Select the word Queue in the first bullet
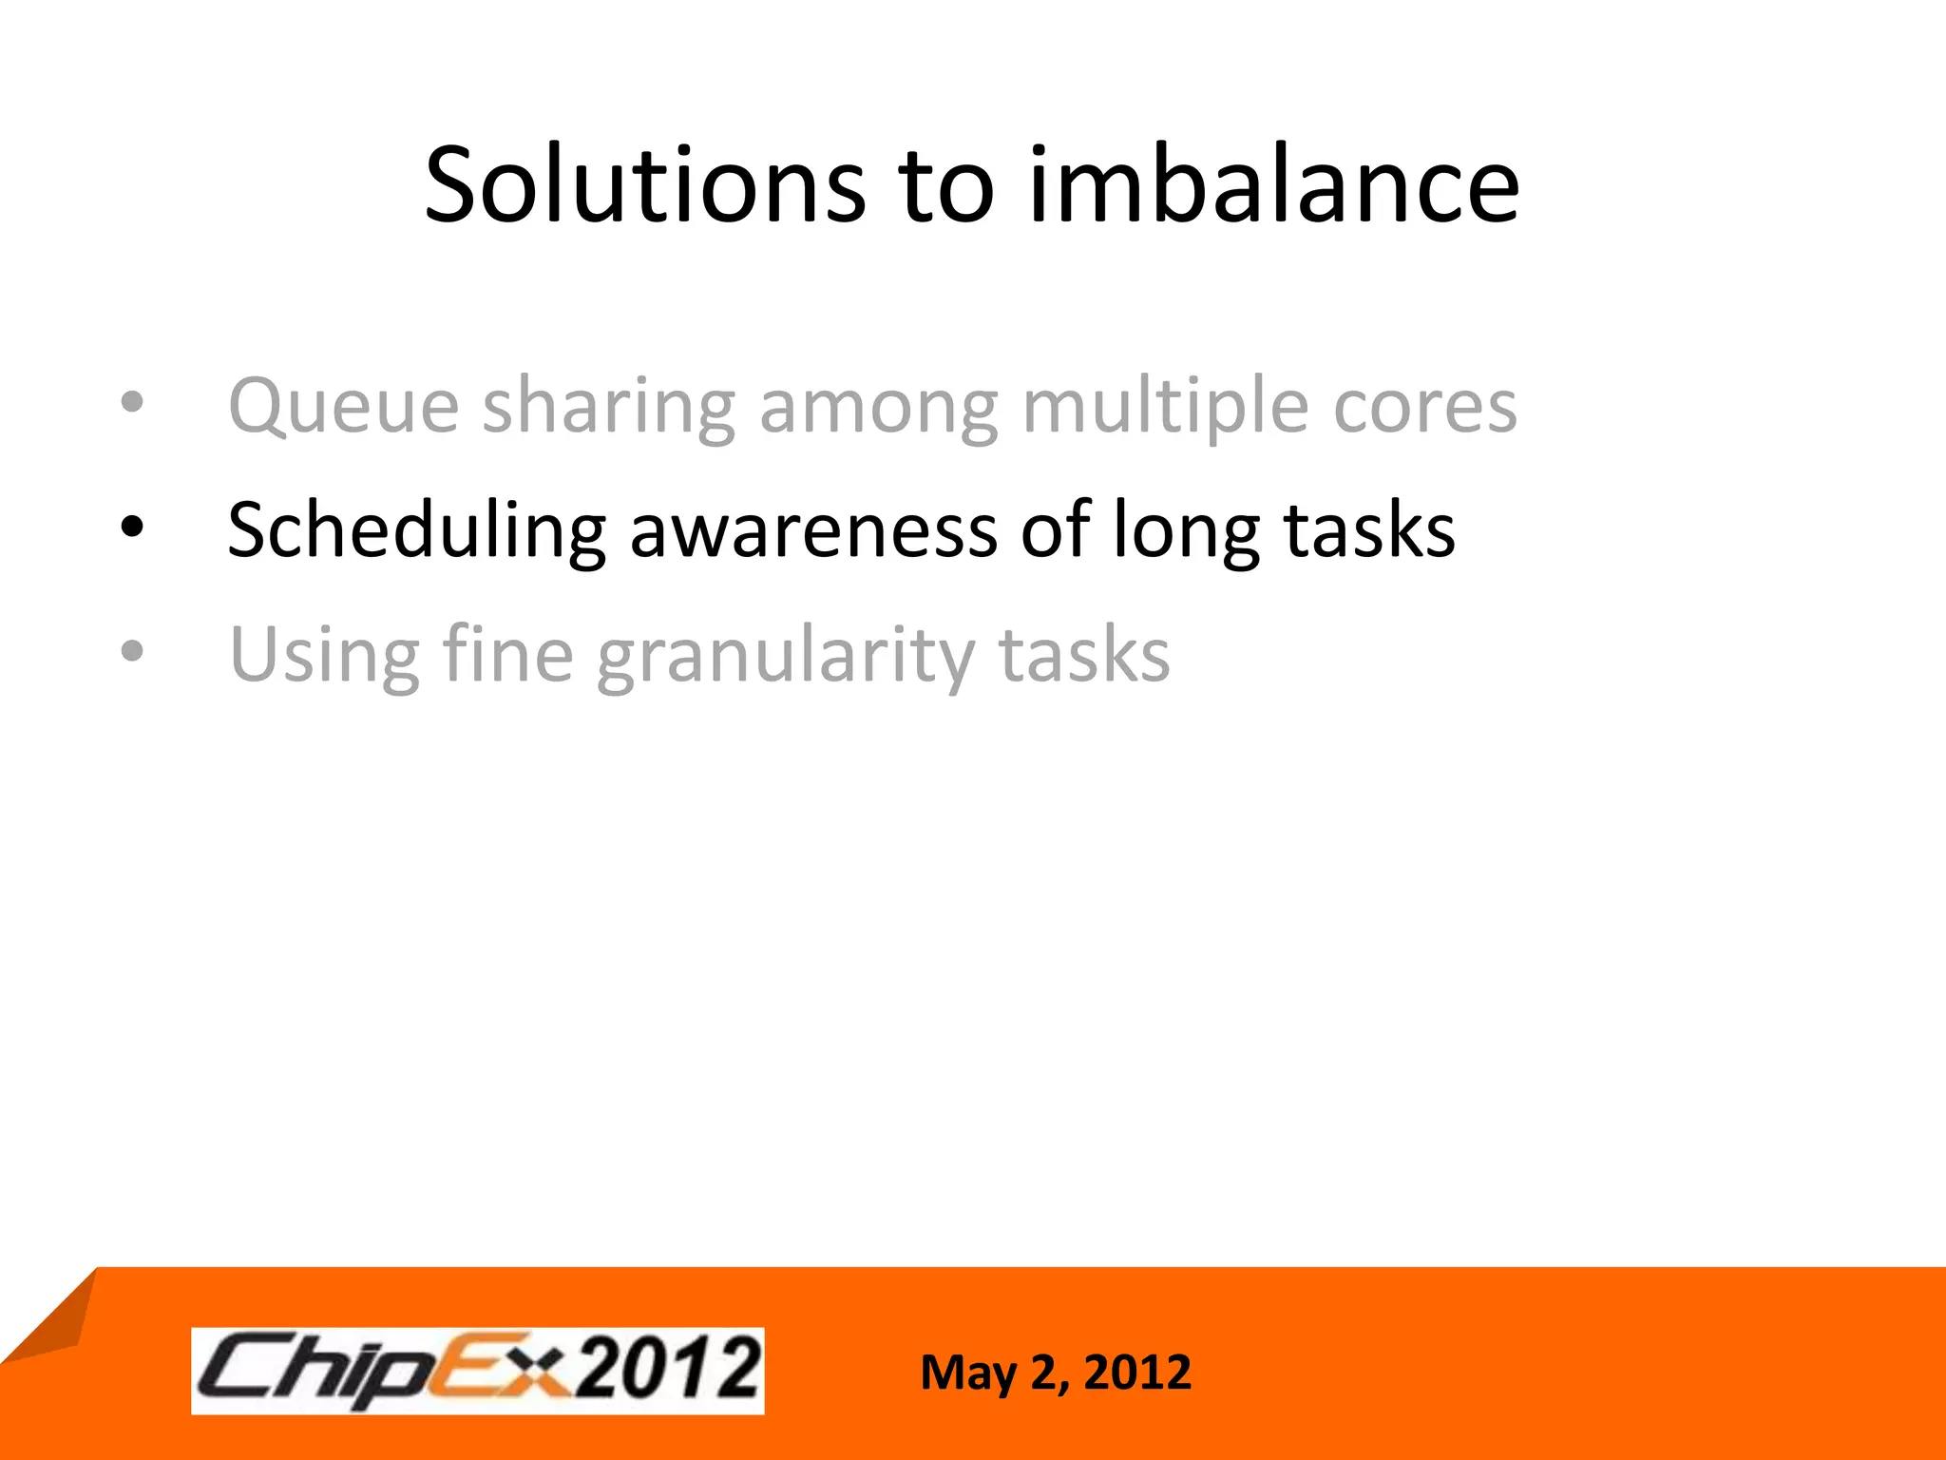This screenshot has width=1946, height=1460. tap(344, 407)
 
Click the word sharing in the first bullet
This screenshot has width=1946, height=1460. tap(609, 407)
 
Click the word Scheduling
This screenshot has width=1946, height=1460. tap(416, 530)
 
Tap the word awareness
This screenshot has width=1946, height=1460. tap(813, 530)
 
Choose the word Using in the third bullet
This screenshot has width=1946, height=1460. tap(324, 656)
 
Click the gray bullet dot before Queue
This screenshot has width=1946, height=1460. tap(132, 402)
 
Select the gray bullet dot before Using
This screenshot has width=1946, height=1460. tap(132, 651)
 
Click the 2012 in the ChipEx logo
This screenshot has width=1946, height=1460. tap(670, 1369)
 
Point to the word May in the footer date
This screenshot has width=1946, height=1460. tap(968, 1374)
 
